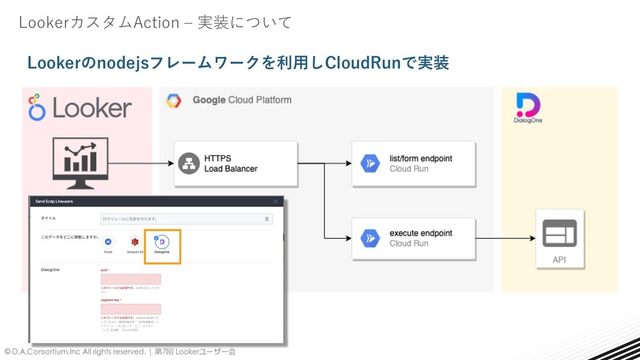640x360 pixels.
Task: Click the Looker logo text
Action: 92,108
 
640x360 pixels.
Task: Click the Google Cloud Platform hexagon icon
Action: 174,100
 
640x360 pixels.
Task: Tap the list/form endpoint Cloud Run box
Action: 413,164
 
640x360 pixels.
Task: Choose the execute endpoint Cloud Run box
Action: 413,238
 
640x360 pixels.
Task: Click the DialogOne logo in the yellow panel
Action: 528,108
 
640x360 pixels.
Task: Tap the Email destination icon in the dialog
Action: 108,241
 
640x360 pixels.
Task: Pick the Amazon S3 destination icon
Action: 134,241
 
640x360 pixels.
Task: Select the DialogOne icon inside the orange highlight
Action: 161,242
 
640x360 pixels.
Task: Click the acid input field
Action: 131,279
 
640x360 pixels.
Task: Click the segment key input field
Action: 131,309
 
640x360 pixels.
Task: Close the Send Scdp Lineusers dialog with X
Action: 276,201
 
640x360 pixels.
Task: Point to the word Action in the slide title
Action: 157,22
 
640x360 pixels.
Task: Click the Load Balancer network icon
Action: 188,164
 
